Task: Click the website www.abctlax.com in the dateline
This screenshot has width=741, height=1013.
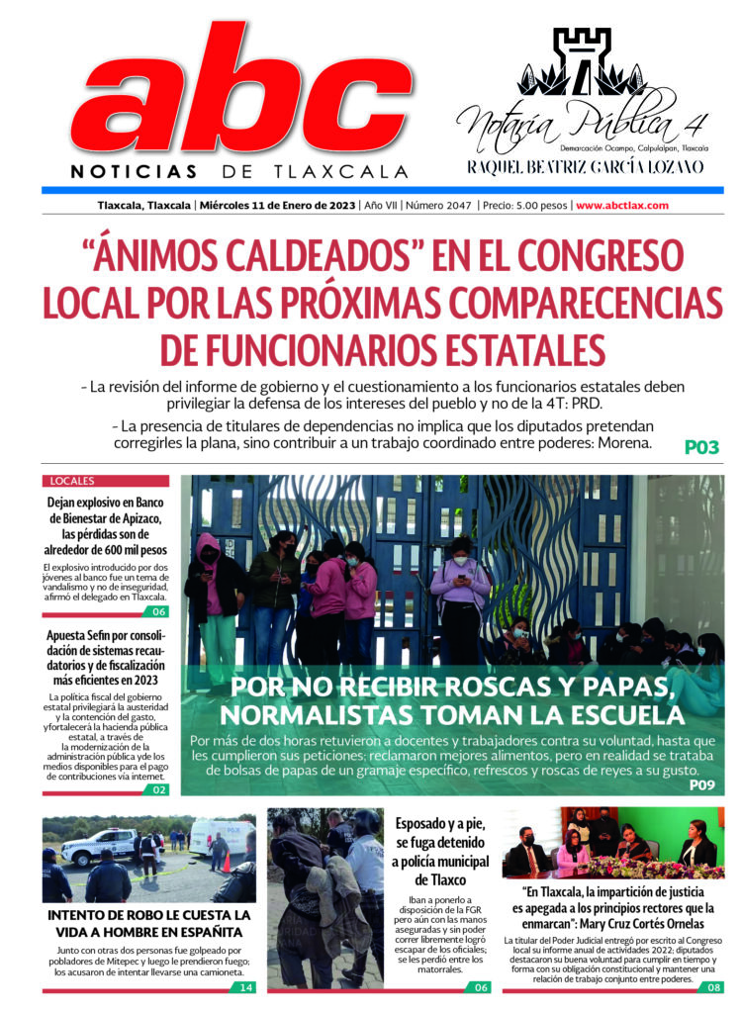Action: [622, 206]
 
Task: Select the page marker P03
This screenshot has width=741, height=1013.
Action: [701, 447]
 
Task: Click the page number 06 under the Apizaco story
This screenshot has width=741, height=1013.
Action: [160, 611]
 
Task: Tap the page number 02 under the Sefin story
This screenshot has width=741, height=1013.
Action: [160, 789]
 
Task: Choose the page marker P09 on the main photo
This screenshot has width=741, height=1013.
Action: [700, 785]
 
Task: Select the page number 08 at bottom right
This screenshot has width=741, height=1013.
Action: [713, 987]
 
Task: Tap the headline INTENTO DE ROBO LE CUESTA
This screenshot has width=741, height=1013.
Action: [148, 915]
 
